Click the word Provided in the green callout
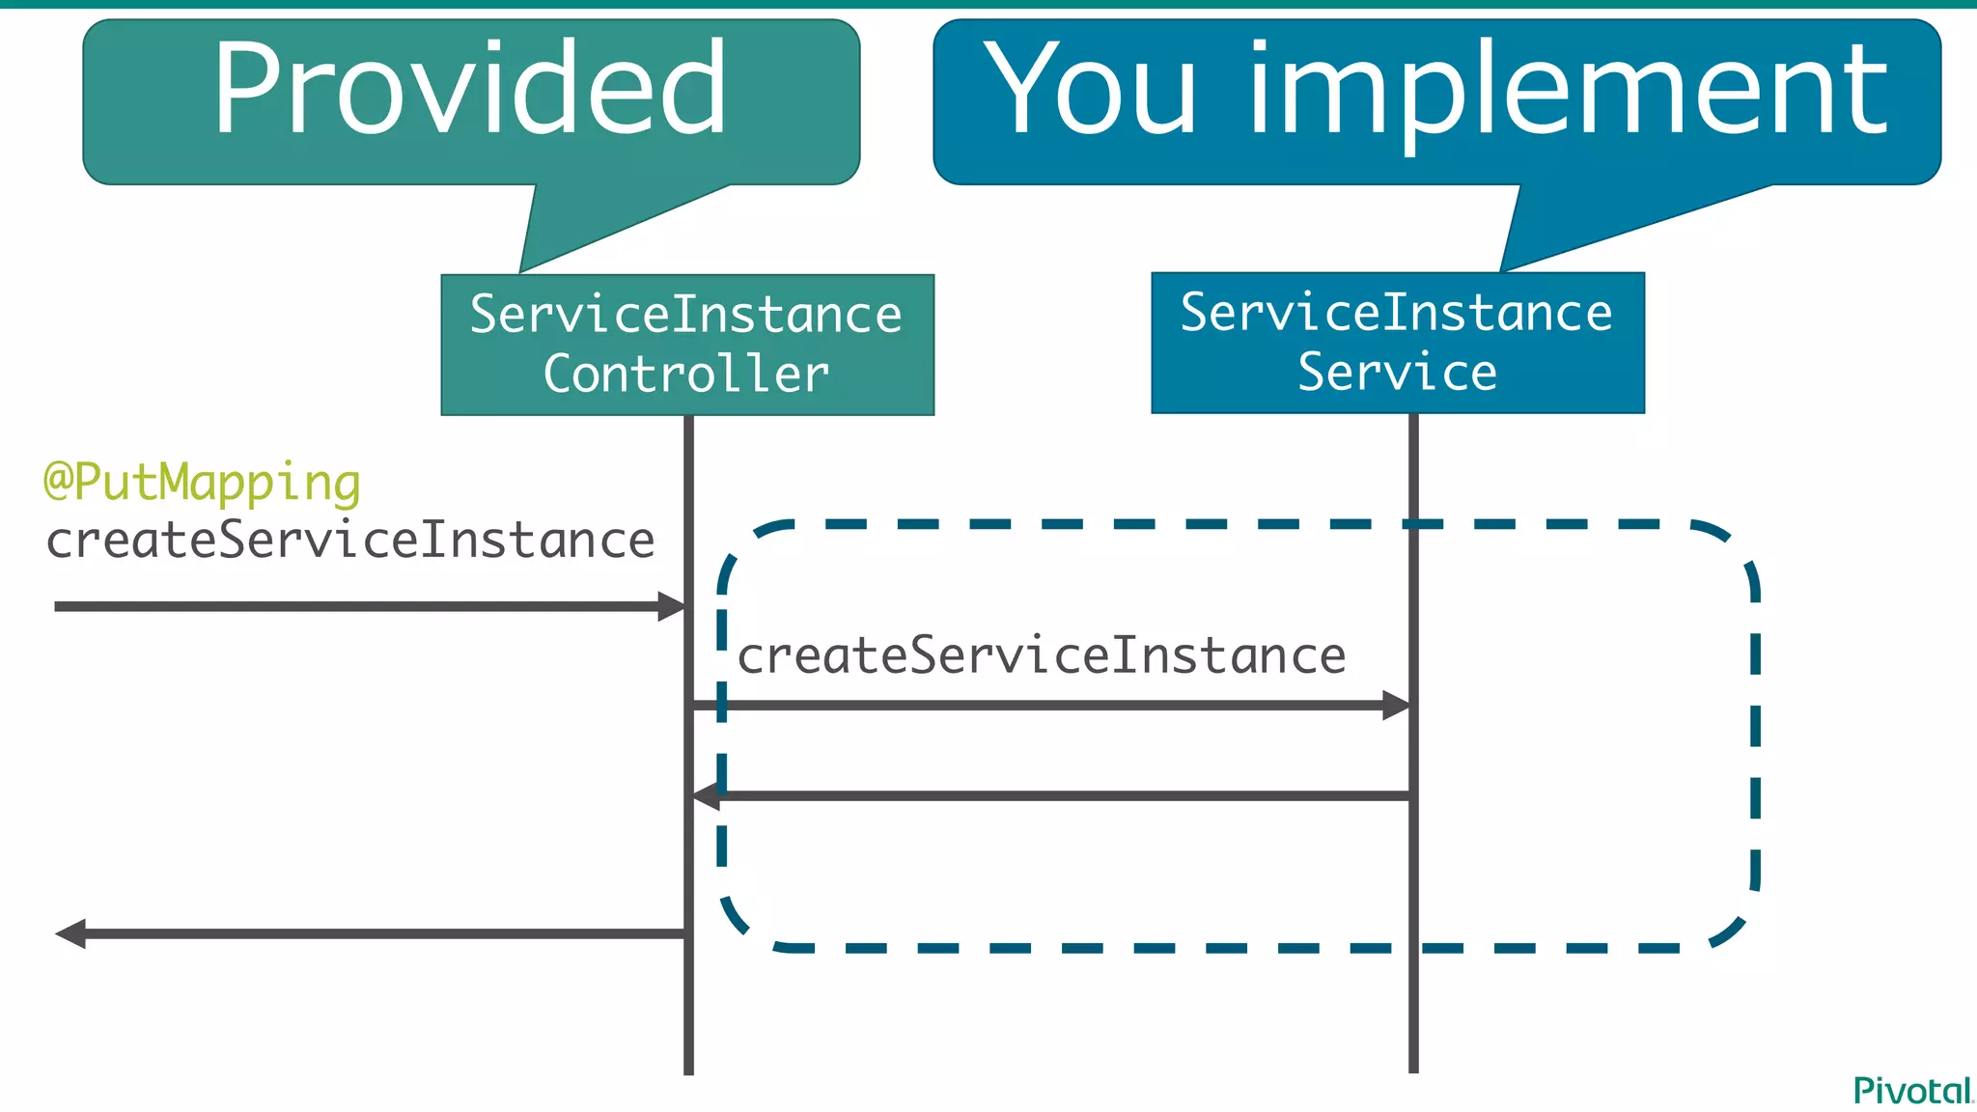(x=469, y=89)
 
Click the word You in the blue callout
(x=1090, y=89)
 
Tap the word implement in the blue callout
(x=1568, y=95)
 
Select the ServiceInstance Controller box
(x=687, y=345)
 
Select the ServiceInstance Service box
(x=1397, y=343)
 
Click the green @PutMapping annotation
(x=202, y=483)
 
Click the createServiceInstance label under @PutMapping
(x=350, y=540)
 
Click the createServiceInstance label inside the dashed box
(x=1041, y=656)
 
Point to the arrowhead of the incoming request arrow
(x=673, y=607)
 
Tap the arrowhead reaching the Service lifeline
(x=1397, y=706)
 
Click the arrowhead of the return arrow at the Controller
(x=706, y=796)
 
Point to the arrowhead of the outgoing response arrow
(x=70, y=933)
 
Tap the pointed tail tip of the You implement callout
(x=1503, y=269)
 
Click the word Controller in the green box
(x=686, y=375)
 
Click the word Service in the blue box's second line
(x=1397, y=373)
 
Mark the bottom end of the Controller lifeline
(x=688, y=1071)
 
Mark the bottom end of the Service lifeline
(x=1413, y=1070)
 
